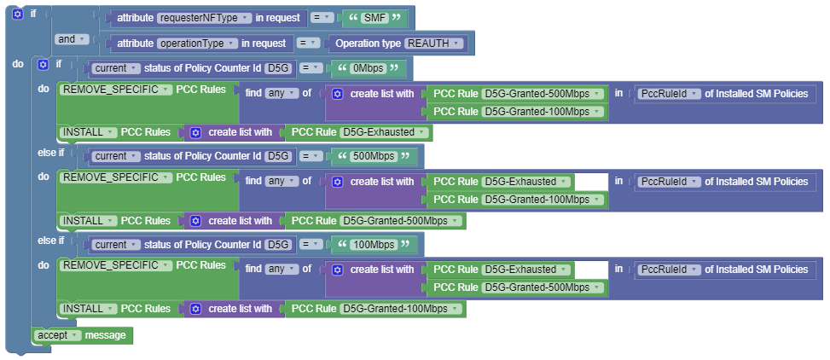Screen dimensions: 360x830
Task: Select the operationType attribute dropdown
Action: pyautogui.click(x=197, y=43)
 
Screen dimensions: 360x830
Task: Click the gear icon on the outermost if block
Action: pyautogui.click(x=17, y=15)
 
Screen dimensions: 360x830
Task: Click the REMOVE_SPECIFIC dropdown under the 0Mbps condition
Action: pyautogui.click(x=116, y=90)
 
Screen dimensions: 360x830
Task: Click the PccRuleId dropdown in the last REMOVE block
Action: pyautogui.click(x=669, y=270)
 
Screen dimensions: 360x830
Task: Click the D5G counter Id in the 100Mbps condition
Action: pyautogui.click(x=277, y=245)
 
